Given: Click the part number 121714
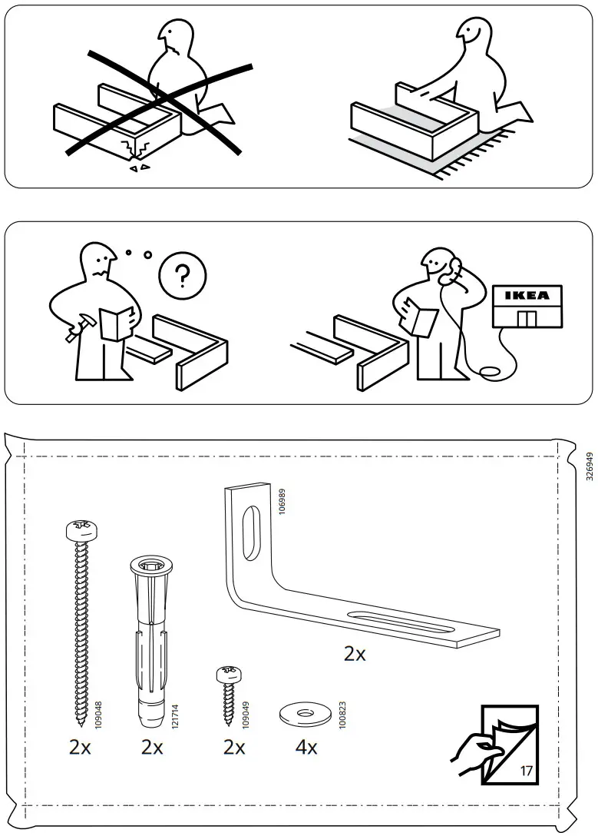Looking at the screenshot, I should (x=173, y=712).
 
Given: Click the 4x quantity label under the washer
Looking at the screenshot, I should (x=306, y=746).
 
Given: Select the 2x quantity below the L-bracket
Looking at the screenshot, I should (x=355, y=654).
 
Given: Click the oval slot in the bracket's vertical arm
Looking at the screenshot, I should (x=249, y=532).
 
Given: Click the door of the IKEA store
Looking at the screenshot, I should (x=527, y=318).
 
